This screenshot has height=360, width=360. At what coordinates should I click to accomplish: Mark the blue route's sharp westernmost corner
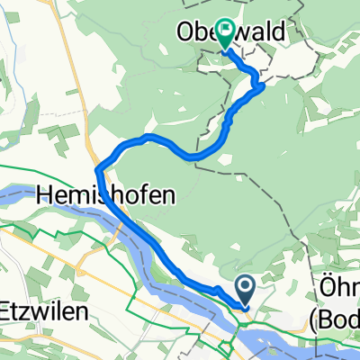[x=96, y=167]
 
